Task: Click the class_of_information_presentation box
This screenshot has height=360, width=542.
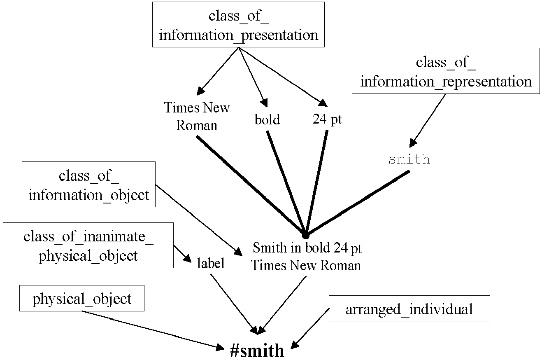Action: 238,24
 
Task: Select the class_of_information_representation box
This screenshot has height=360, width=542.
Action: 446,71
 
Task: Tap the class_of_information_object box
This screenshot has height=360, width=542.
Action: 88,184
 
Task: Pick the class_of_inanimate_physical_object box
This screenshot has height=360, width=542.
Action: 88,245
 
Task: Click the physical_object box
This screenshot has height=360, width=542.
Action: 82,298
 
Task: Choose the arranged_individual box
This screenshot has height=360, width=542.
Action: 409,309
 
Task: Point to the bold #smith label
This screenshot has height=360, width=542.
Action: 257,350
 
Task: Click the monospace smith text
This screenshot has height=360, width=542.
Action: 409,159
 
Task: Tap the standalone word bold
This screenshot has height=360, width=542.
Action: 267,119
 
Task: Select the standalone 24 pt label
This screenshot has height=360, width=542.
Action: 327,119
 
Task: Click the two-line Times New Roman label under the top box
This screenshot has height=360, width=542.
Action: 197,117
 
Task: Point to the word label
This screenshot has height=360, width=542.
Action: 211,263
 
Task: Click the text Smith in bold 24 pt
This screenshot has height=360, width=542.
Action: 307,248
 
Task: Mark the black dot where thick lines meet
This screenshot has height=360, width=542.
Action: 306,235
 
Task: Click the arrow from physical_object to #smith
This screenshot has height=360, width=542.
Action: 153,330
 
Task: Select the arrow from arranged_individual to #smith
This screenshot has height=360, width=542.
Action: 310,329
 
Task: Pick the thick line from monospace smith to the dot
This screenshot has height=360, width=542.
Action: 358,203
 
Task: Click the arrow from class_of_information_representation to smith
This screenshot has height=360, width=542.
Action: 428,121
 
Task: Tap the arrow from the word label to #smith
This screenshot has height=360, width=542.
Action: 234,304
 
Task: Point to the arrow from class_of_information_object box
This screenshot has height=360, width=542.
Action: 199,220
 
